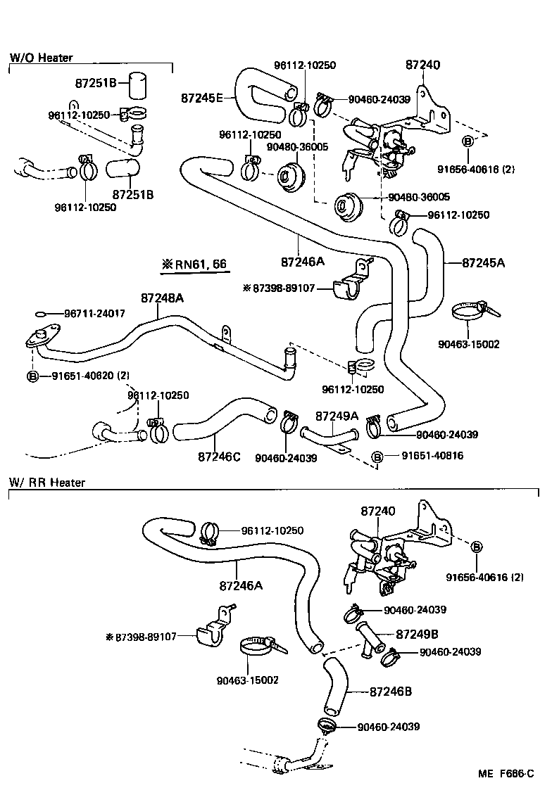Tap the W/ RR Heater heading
[x=47, y=483]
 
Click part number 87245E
[x=201, y=98]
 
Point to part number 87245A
[x=484, y=263]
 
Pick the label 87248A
[x=162, y=298]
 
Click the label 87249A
[x=337, y=416]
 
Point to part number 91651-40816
[x=432, y=457]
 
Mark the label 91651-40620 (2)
[x=89, y=376]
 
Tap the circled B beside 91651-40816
[x=377, y=457]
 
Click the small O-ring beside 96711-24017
[x=41, y=314]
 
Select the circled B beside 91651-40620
[x=32, y=376]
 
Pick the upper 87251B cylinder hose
[x=137, y=86]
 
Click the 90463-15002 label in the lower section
[x=248, y=680]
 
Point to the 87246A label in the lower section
[x=241, y=585]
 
